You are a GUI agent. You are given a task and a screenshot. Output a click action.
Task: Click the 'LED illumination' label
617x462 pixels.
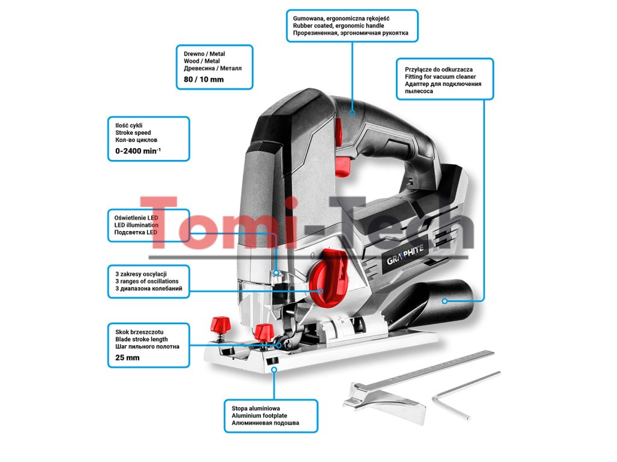(x=136, y=225)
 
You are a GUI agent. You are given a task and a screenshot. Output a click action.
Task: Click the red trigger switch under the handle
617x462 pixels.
(x=343, y=165)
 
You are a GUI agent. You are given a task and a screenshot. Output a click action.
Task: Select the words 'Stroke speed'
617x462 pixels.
(x=133, y=132)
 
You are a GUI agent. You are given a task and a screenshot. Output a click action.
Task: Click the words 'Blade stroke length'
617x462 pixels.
(x=141, y=339)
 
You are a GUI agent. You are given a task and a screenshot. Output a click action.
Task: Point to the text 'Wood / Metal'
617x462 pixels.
(x=201, y=61)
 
